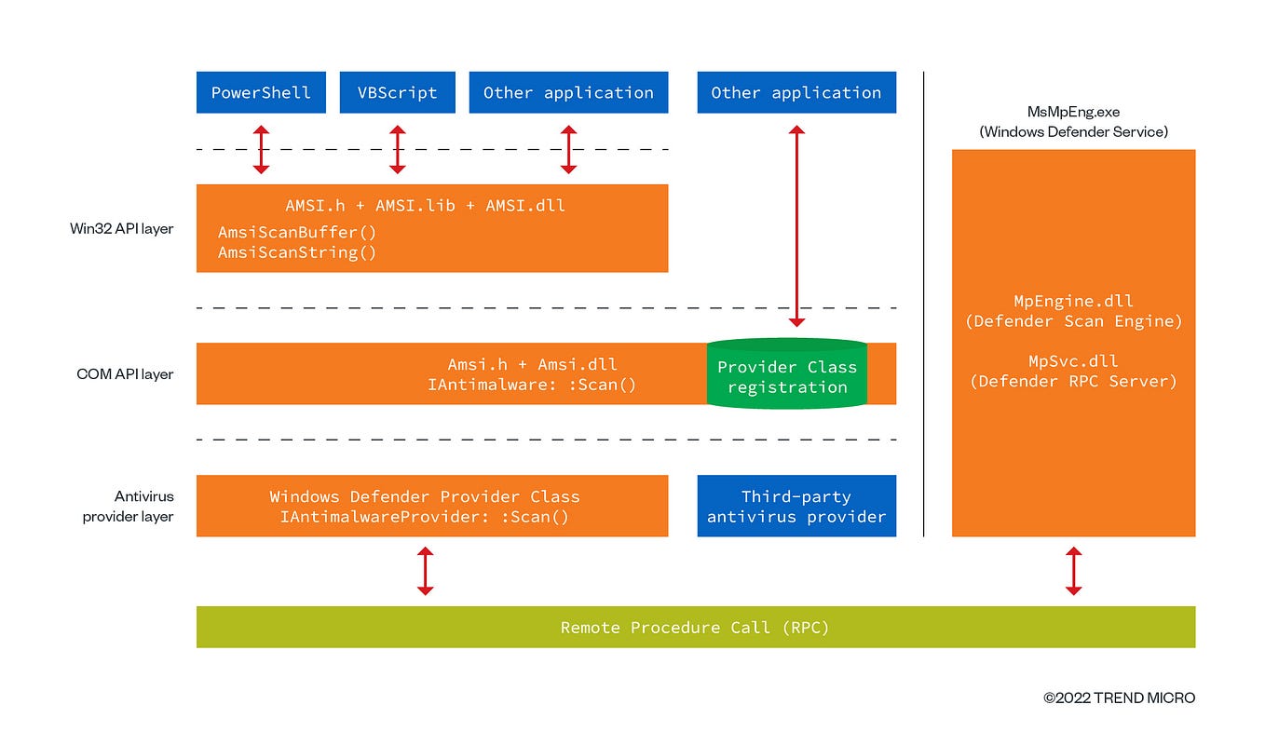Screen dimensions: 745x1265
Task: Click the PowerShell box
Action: (x=261, y=92)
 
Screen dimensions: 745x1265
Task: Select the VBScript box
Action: (x=397, y=92)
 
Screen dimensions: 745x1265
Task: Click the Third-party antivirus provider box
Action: (x=796, y=507)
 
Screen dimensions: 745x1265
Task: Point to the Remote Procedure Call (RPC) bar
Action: (x=695, y=627)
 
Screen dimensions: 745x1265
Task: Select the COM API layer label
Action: (x=125, y=374)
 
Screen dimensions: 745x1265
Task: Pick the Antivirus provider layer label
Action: (x=129, y=507)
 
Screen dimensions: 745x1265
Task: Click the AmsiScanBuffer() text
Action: (x=290, y=232)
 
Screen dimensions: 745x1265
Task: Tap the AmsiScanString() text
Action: (x=296, y=252)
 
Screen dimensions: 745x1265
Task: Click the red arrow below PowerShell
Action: (x=261, y=149)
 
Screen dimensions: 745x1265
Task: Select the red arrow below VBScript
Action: (x=397, y=149)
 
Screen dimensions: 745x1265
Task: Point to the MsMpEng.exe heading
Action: (x=1073, y=112)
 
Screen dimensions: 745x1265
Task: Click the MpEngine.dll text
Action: (x=1073, y=302)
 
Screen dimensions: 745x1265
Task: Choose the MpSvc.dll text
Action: (x=1073, y=361)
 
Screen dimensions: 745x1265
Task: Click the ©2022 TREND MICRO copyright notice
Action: (x=1119, y=698)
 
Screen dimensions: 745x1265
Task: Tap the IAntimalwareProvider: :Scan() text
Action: (x=424, y=517)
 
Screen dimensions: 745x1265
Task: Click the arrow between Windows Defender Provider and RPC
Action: (x=425, y=571)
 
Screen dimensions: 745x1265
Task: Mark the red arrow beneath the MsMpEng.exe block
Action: (x=1073, y=571)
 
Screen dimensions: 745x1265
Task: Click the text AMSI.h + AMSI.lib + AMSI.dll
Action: (x=425, y=206)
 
